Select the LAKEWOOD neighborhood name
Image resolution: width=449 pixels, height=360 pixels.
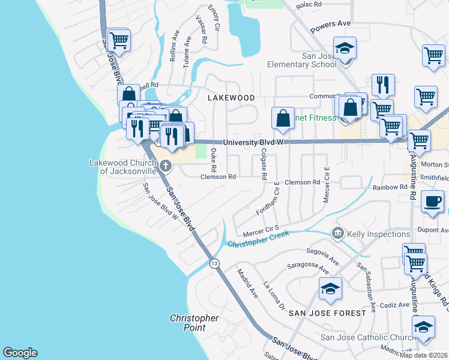[231, 97]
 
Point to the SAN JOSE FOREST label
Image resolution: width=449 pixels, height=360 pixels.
[327, 313]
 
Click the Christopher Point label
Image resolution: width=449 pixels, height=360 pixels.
[194, 323]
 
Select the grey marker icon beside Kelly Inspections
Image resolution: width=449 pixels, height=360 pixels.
[337, 233]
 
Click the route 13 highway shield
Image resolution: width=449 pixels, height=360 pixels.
[214, 264]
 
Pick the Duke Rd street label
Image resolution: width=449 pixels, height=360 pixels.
[213, 155]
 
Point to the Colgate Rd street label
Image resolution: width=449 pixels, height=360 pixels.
[264, 166]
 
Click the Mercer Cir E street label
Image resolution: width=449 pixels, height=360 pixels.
[327, 185]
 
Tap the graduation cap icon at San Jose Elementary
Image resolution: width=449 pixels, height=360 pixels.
[345, 48]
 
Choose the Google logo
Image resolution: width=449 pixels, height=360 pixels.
[20, 353]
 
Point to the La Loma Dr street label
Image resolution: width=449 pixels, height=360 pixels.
[274, 296]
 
